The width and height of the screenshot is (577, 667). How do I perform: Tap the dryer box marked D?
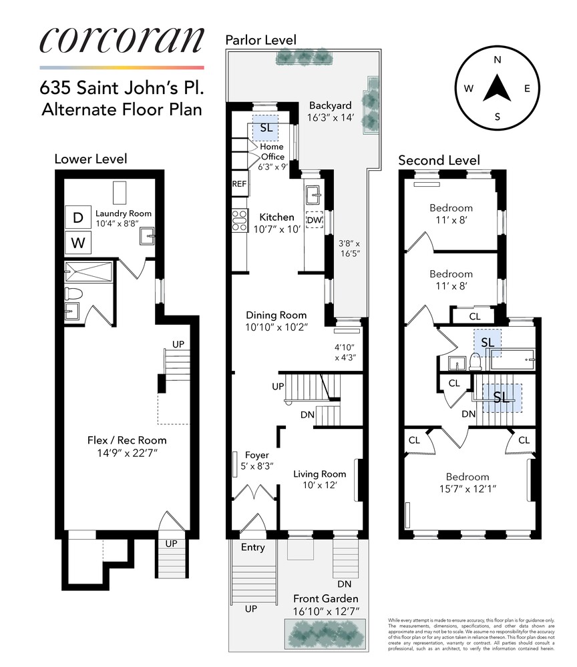pyautogui.click(x=78, y=217)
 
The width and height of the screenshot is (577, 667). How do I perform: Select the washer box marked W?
pyautogui.click(x=78, y=243)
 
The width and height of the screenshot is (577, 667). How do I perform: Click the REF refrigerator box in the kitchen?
pyautogui.click(x=239, y=184)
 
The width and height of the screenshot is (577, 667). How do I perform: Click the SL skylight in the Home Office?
pyautogui.click(x=265, y=127)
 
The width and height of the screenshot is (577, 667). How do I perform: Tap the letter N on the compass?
pyautogui.click(x=497, y=59)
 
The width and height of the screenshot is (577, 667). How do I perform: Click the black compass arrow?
pyautogui.click(x=497, y=88)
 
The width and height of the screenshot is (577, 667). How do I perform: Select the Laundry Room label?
pyautogui.click(x=123, y=213)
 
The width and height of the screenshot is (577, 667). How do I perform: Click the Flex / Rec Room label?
pyautogui.click(x=127, y=440)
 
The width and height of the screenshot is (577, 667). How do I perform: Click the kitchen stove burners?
pyautogui.click(x=239, y=220)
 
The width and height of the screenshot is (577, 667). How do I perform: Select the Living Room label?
pyautogui.click(x=320, y=474)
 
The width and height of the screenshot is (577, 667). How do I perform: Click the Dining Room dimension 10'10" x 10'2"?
pyautogui.click(x=276, y=327)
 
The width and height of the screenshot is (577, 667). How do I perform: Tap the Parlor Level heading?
pyautogui.click(x=260, y=40)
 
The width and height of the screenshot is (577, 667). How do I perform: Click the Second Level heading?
pyautogui.click(x=439, y=160)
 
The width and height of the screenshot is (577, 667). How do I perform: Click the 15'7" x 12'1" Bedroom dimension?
pyautogui.click(x=459, y=488)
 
